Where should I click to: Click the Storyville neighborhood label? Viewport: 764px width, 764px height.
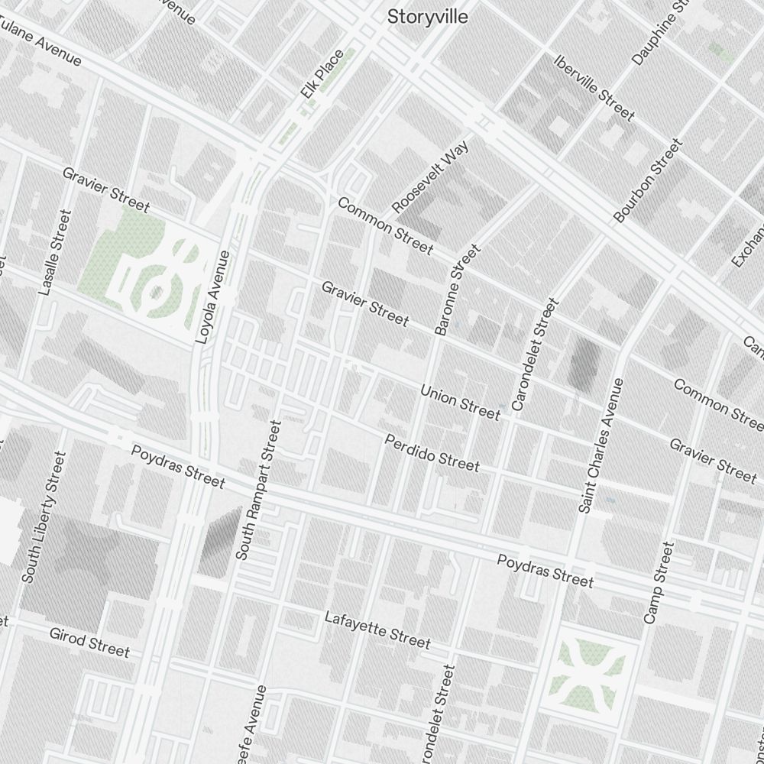pos(427,17)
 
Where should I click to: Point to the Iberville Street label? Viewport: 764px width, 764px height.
pos(594,88)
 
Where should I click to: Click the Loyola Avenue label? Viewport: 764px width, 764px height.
pos(213,296)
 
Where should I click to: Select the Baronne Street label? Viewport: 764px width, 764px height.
pos(457,290)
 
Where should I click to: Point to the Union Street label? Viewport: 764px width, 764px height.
pos(460,403)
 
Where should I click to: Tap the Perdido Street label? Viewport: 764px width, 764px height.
pos(432,453)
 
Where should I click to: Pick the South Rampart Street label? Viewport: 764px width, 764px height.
pos(259,489)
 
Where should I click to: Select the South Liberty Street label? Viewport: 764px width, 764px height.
pos(44,517)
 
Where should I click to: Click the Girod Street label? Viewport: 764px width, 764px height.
pos(89,643)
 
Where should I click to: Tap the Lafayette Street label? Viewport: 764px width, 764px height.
pos(377,630)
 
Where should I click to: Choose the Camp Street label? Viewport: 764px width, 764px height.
pos(659,582)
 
